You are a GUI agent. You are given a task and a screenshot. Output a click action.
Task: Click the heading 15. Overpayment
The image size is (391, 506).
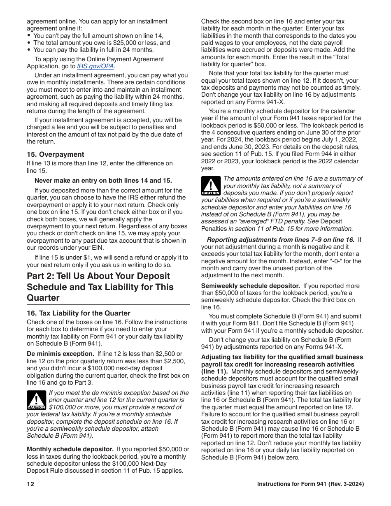coord(55,154)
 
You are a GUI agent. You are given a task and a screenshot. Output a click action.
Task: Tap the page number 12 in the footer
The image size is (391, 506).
coord(30,484)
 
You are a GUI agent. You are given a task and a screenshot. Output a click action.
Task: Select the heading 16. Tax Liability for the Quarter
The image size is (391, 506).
coord(78,313)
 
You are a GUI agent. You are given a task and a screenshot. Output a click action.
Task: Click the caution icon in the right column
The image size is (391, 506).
coord(211,186)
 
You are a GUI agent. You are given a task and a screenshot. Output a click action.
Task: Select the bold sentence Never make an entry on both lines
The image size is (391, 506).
coord(103,180)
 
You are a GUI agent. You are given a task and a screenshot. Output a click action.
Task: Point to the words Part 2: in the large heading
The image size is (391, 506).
coord(41,276)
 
